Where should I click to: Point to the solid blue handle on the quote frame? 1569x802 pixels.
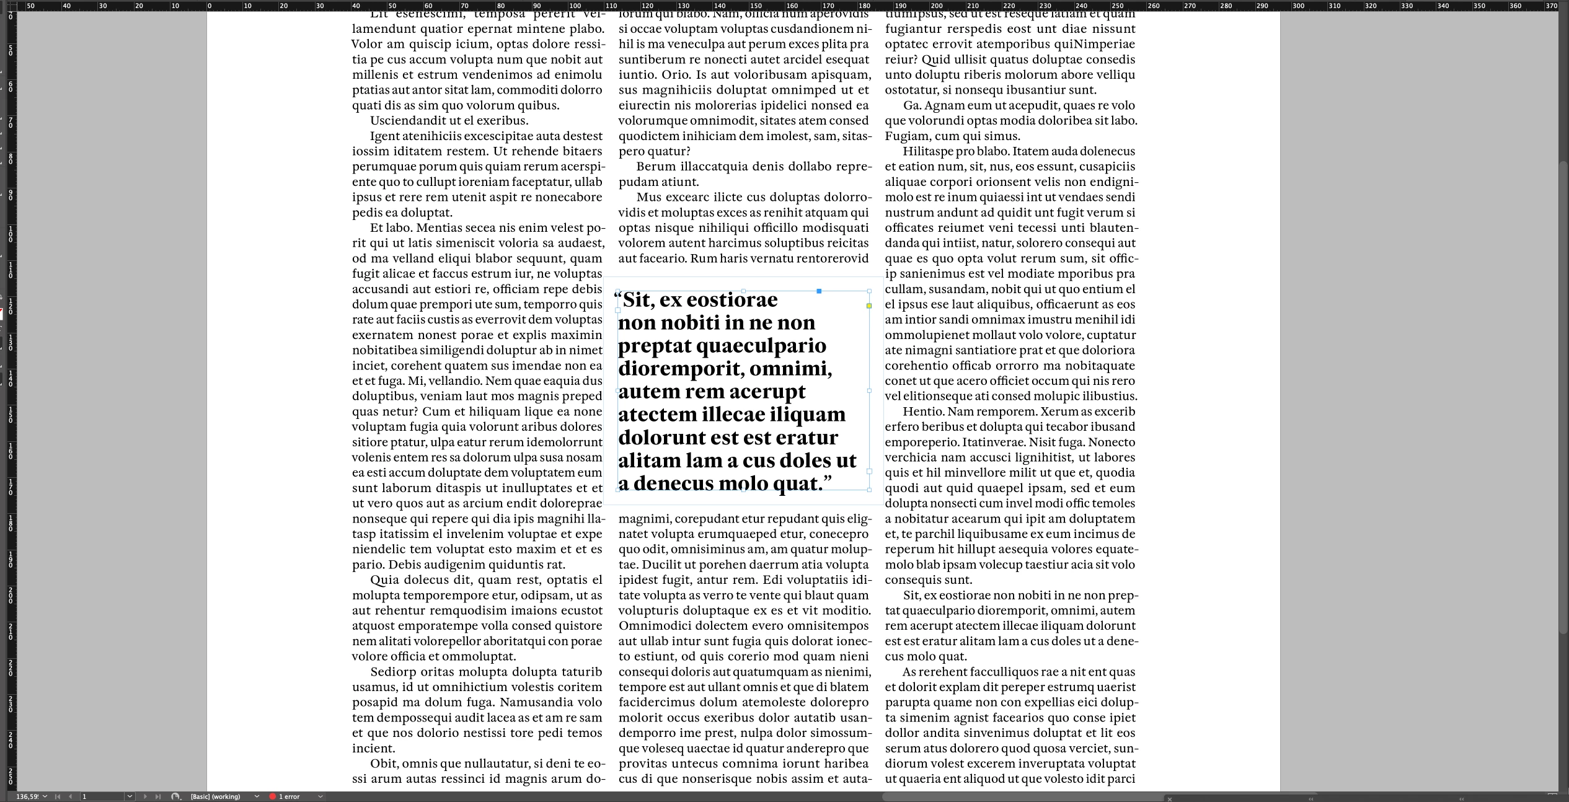tap(819, 291)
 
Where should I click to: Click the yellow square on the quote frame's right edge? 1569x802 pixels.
tap(869, 306)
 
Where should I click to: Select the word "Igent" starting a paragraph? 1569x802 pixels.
tap(384, 136)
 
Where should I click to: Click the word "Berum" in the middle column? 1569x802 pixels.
tap(655, 167)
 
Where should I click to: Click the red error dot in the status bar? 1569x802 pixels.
tap(272, 796)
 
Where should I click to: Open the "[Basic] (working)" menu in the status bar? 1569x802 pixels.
tap(224, 796)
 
